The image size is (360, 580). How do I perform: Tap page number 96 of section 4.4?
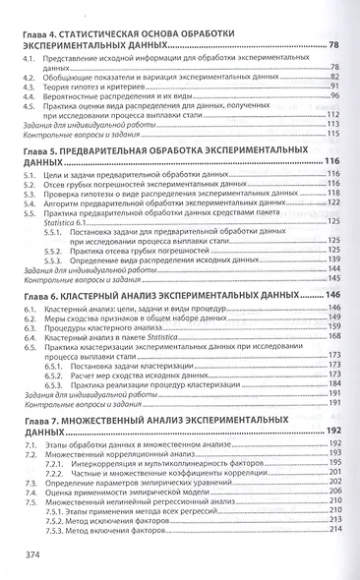(x=332, y=96)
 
